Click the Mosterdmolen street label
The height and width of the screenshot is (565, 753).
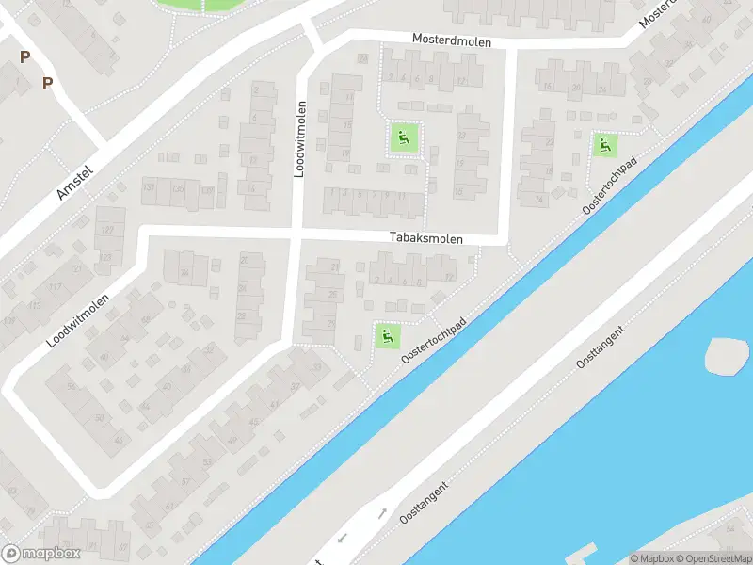coord(452,40)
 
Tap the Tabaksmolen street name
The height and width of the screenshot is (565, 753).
coord(427,239)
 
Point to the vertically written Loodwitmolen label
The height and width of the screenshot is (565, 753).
coord(302,141)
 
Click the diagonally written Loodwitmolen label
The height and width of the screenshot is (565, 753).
coord(78,320)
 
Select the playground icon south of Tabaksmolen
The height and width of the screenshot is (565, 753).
coord(386,334)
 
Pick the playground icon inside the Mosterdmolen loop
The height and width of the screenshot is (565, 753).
coord(404,139)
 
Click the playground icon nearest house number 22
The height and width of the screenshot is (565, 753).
coord(603,145)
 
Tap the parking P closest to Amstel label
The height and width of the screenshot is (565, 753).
coord(47,83)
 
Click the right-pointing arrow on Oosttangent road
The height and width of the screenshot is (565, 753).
coord(382,514)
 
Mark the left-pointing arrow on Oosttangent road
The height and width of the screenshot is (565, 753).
coord(341,538)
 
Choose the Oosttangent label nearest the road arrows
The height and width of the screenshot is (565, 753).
coord(423,503)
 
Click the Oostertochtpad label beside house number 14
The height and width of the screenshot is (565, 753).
coord(610,185)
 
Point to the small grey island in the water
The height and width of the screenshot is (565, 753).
coord(728,356)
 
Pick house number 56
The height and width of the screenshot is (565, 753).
coord(70,386)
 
